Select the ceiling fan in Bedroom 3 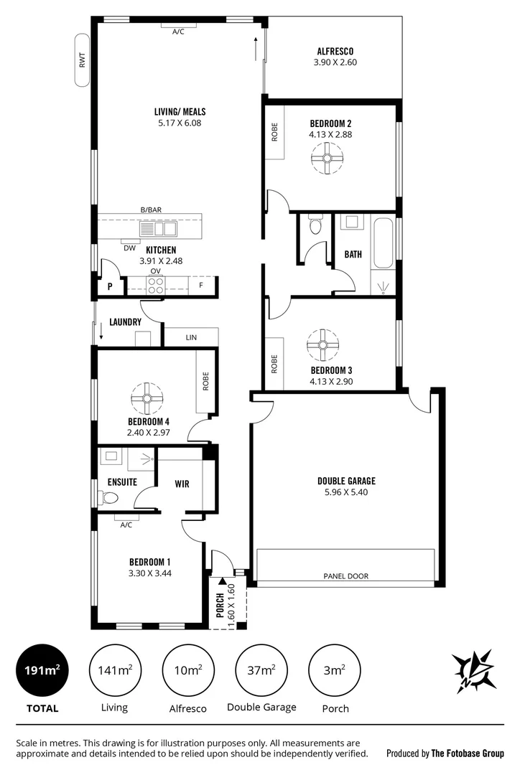(322, 344)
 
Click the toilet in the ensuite (109, 497)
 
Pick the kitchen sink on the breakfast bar (158, 229)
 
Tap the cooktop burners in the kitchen (156, 285)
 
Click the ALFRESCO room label (335, 51)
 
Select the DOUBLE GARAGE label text (346, 481)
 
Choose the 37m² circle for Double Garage (261, 670)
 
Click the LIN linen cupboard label (192, 337)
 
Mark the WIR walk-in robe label (182, 484)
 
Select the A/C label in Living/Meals (178, 32)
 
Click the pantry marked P (110, 285)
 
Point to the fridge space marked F (201, 285)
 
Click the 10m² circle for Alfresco (188, 670)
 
